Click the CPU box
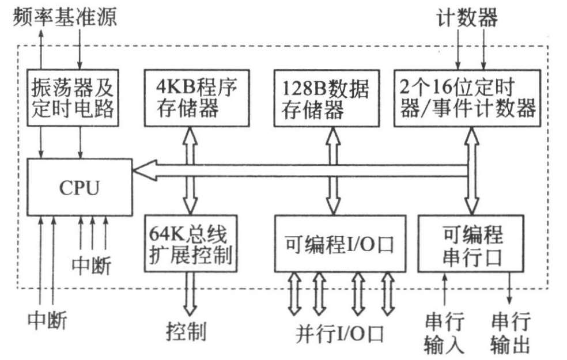(79, 187)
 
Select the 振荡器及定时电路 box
(73, 97)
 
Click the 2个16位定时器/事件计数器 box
(467, 97)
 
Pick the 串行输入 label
(444, 332)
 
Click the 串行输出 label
(511, 332)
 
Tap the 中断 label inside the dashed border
(92, 265)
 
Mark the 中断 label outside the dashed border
(47, 319)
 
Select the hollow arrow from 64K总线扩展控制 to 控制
(190, 292)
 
